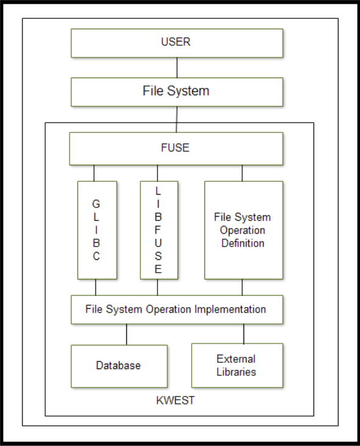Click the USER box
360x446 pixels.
[x=177, y=43]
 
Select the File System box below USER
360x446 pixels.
[x=177, y=92]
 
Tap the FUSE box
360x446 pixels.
[x=176, y=149]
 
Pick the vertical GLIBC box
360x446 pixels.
[x=97, y=230]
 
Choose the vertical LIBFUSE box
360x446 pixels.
[x=159, y=230]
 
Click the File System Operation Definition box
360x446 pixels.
[x=243, y=230]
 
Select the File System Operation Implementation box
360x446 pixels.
[x=177, y=310]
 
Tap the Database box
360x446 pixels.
[x=119, y=366]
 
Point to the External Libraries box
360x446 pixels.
[x=237, y=365]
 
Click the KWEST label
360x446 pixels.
[x=176, y=400]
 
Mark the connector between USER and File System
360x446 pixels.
[x=177, y=68]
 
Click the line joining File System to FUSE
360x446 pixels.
[x=176, y=120]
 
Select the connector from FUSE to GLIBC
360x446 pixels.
[x=94, y=173]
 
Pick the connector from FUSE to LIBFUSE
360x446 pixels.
[x=157, y=173]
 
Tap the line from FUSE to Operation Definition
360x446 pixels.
[x=242, y=173]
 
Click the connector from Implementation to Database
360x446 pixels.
[x=126, y=334]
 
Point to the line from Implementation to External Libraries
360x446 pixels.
[x=243, y=334]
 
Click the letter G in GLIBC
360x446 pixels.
[x=96, y=204]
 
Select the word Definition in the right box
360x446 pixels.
[x=243, y=243]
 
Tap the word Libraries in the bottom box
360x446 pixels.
[x=236, y=372]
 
